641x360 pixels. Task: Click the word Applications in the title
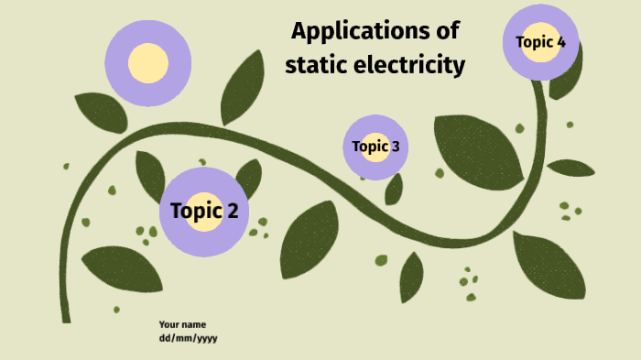[354, 31]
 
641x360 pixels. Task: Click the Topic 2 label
[204, 212]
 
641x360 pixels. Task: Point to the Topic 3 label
[375, 147]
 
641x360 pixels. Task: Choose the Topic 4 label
[540, 41]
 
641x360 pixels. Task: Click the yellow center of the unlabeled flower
[147, 62]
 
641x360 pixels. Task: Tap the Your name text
[182, 324]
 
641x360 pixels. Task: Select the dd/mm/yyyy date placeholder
[188, 338]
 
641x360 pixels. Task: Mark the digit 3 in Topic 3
[395, 147]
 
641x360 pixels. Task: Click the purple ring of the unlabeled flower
[147, 28]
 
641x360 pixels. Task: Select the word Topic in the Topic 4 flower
[533, 41]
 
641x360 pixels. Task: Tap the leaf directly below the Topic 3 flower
[394, 189]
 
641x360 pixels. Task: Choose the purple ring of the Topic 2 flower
[204, 180]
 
